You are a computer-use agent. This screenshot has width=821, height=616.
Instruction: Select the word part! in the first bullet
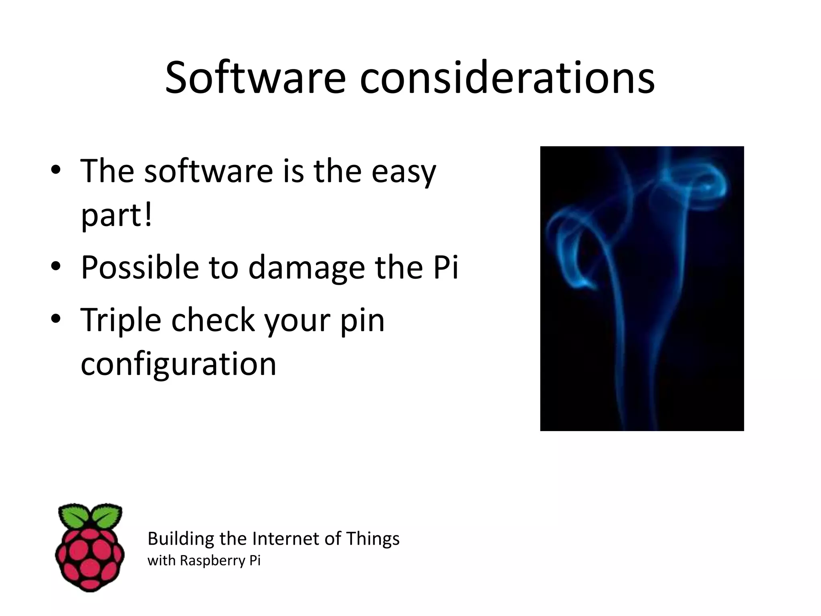pos(117,215)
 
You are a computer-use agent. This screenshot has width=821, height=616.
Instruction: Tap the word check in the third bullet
pos(213,320)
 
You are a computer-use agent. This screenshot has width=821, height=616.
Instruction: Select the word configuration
pos(178,364)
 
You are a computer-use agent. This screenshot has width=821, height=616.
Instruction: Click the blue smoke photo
pos(642,288)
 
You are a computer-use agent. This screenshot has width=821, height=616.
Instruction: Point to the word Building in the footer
pos(181,539)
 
